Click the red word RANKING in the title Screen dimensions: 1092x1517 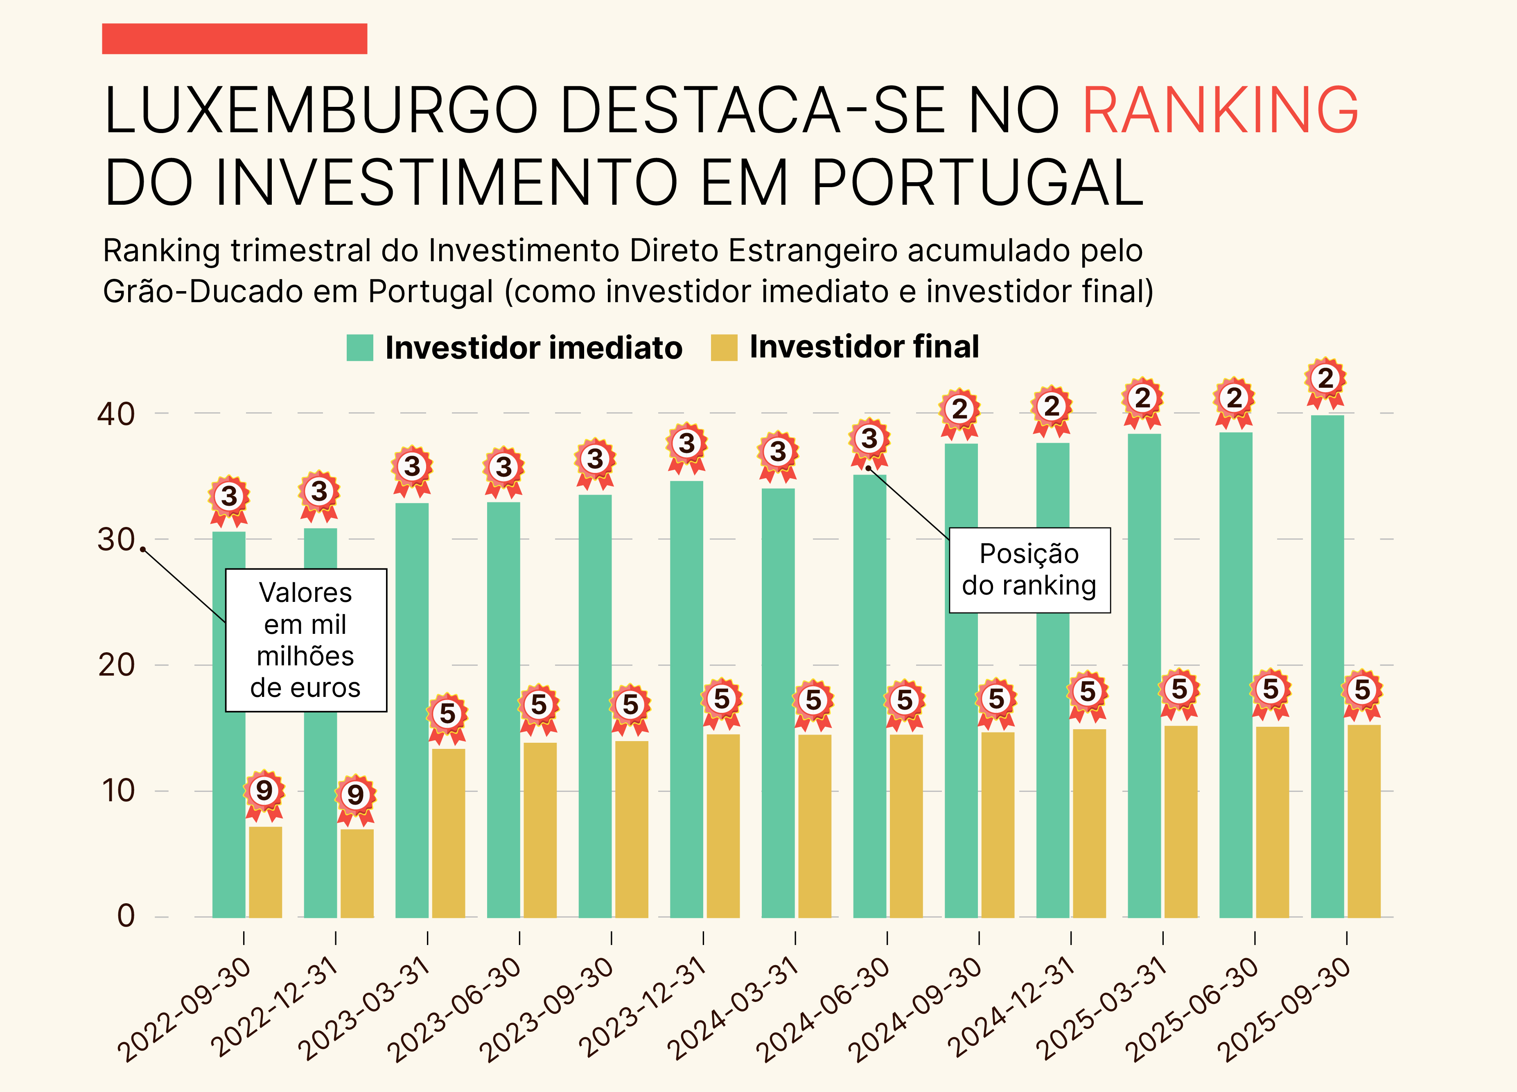[1220, 111]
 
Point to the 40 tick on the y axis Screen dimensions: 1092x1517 [116, 414]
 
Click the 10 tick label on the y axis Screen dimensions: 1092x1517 [118, 791]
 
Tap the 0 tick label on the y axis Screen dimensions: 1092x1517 [126, 916]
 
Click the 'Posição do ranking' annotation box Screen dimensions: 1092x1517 [1029, 570]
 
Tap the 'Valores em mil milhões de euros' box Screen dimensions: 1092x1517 [306, 640]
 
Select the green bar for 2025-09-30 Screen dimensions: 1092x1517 [1327, 669]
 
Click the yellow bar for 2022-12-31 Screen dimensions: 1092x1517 [357, 873]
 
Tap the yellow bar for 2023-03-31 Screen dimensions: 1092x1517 [448, 833]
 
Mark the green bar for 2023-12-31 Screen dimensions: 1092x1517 [686, 699]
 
